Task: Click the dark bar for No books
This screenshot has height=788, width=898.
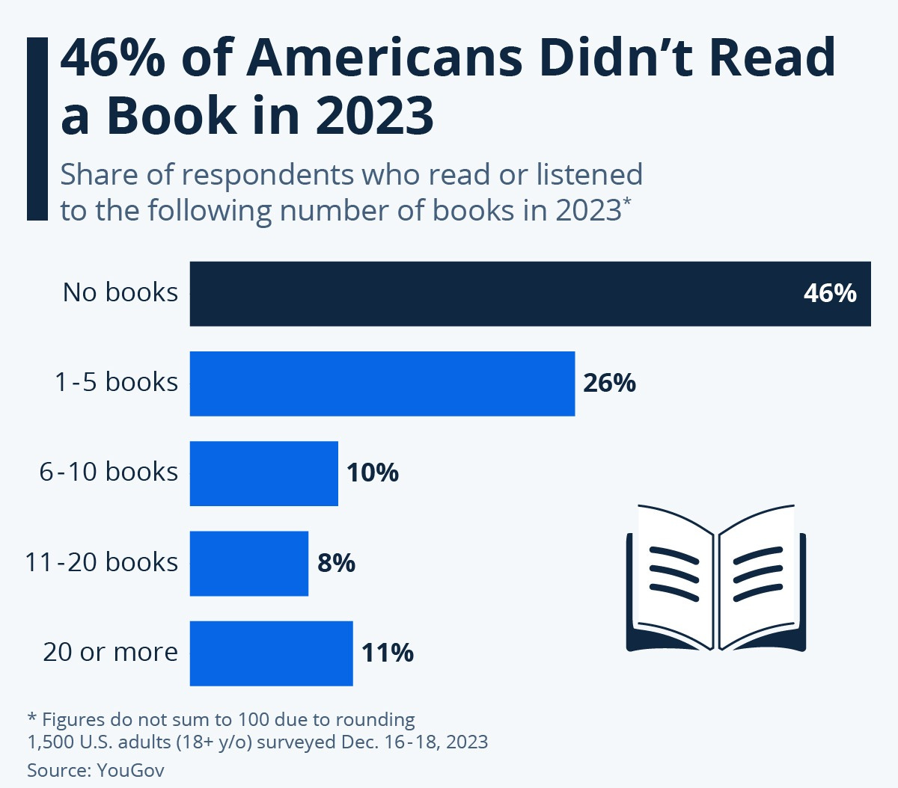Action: pos(494,294)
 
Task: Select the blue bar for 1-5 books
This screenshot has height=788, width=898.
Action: pos(382,384)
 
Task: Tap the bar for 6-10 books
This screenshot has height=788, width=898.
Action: pos(263,473)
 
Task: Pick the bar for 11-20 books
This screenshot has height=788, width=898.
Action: pos(248,563)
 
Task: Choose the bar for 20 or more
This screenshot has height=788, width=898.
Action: pos(271,653)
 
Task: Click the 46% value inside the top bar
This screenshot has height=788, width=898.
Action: pos(829,293)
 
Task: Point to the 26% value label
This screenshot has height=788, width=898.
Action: pos(609,383)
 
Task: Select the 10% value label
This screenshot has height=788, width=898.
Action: pos(372,473)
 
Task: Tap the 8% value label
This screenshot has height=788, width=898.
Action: pos(336,562)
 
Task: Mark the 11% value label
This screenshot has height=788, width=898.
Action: pos(387,653)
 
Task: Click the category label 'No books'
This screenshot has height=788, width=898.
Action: pos(120,292)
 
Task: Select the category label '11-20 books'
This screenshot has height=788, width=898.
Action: pos(102,561)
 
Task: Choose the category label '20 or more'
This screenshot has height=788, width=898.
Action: pos(111,652)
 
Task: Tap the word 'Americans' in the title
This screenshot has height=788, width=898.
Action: pos(384,58)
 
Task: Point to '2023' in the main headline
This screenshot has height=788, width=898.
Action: pos(374,116)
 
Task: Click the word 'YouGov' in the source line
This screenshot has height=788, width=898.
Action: pos(130,770)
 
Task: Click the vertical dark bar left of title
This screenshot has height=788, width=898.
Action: pos(37,129)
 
